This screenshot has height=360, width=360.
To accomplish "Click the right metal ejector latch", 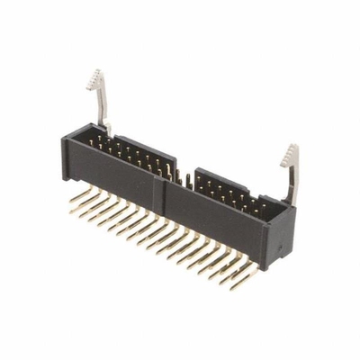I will pos(289,175).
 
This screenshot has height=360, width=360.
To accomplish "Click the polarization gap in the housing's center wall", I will pos(184,177).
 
